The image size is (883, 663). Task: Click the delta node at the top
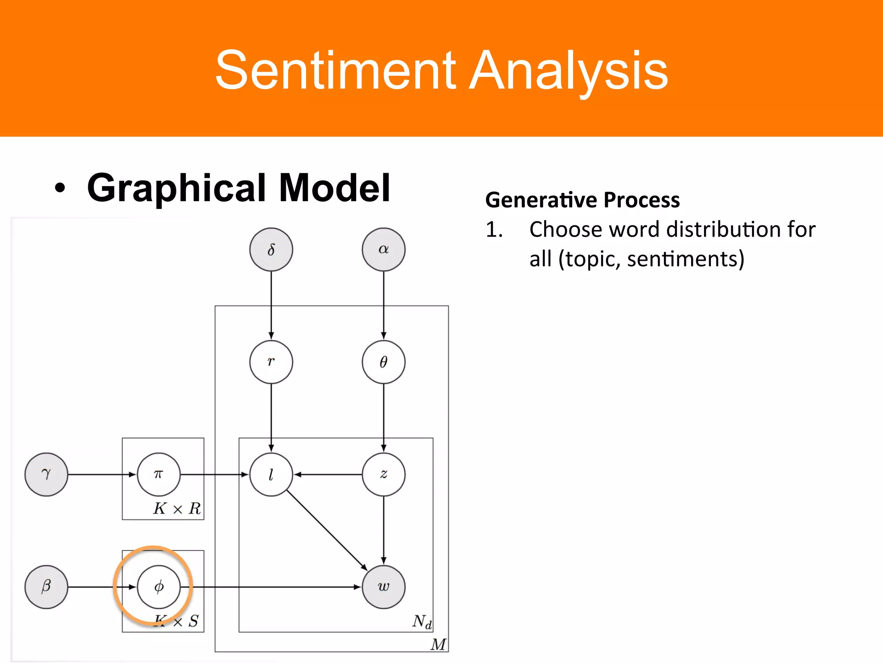pyautogui.click(x=271, y=249)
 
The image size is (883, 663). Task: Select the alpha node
pyautogui.click(x=383, y=249)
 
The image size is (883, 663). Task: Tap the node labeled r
pyautogui.click(x=271, y=362)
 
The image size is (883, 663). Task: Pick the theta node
pyautogui.click(x=383, y=362)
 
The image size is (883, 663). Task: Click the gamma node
pyautogui.click(x=46, y=474)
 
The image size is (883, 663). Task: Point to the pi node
pyautogui.click(x=159, y=474)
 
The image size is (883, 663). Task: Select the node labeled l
pyautogui.click(x=271, y=474)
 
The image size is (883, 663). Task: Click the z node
pyautogui.click(x=383, y=474)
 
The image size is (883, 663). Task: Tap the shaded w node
pyautogui.click(x=383, y=587)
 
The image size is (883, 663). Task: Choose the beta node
pyautogui.click(x=46, y=587)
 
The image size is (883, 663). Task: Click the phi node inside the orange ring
pyautogui.click(x=159, y=587)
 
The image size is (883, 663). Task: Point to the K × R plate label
pyautogui.click(x=177, y=508)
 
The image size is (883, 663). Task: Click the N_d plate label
pyautogui.click(x=422, y=622)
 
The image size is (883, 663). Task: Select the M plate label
pyautogui.click(x=438, y=644)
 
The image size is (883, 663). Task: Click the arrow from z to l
pyautogui.click(x=328, y=474)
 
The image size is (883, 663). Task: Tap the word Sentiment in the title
pyautogui.click(x=335, y=70)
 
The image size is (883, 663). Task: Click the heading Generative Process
pyautogui.click(x=582, y=200)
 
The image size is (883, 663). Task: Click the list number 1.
pyautogui.click(x=494, y=230)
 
